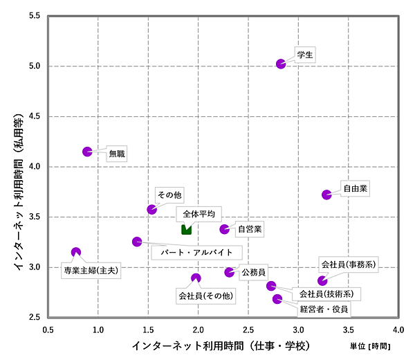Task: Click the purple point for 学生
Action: [x=281, y=64]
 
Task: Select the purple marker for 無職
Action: [x=87, y=152]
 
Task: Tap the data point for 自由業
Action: [x=326, y=195]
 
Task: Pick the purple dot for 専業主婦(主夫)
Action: [x=76, y=253]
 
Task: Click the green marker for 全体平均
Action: [x=186, y=229]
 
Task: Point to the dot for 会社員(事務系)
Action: [x=322, y=280]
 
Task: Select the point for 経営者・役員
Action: [x=277, y=299]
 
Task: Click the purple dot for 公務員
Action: [x=229, y=272]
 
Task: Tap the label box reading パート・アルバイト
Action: [x=196, y=252]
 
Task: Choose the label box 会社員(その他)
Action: [x=205, y=296]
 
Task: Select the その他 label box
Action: [x=169, y=196]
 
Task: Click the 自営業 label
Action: [x=250, y=228]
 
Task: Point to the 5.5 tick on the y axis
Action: [x=33, y=16]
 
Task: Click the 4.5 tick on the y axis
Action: [x=33, y=116]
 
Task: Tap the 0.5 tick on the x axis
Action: [x=48, y=330]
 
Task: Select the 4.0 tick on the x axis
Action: [x=398, y=330]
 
